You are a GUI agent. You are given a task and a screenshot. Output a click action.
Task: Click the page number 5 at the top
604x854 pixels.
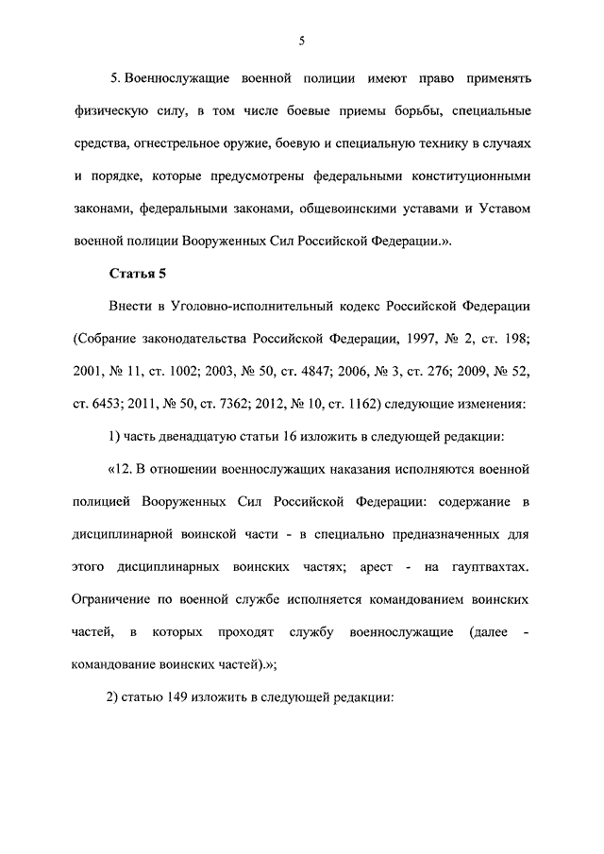click(301, 40)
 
